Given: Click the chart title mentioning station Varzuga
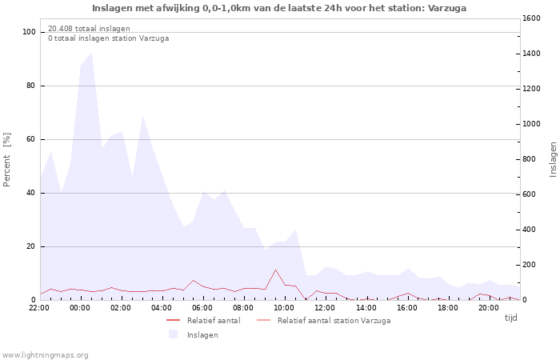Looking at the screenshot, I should pos(279,8).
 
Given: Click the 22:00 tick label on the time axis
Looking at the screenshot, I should pos(39,307).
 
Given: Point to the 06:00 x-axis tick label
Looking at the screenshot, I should pos(202,307).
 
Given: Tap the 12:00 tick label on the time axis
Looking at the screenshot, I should pos(325,307).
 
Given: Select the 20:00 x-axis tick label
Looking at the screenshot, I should pos(488,307).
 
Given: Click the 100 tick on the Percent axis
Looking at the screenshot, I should pos(30,32).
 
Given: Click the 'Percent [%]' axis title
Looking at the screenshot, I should pos(7,159).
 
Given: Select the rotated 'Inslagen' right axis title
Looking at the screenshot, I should pos(553,159).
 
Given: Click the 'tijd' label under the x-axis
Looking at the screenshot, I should pos(510,318).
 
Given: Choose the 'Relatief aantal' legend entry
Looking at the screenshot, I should pos(213,321).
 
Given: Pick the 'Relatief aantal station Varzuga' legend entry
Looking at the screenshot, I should pos(334,321).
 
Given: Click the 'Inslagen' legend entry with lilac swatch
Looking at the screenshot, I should pos(202,335).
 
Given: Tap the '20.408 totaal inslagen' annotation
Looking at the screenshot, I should pos(89,29).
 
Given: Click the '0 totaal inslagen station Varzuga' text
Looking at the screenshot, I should pos(108,38).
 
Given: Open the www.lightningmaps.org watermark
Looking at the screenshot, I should pos(45,354).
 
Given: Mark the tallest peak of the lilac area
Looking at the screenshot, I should pos(91,54).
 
